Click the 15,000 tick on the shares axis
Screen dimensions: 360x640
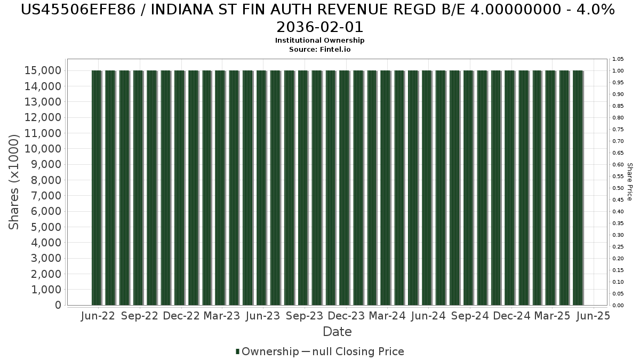(43, 71)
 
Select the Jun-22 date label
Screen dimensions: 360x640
(98, 316)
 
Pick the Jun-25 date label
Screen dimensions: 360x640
(594, 316)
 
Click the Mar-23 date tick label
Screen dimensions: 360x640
(222, 316)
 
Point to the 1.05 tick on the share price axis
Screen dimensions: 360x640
(618, 59)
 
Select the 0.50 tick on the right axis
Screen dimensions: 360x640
(618, 188)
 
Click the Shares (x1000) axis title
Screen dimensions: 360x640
(14, 182)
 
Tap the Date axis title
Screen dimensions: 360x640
(337, 332)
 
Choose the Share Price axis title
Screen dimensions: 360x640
(629, 182)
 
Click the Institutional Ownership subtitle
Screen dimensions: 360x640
(320, 41)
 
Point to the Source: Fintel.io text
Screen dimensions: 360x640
(320, 49)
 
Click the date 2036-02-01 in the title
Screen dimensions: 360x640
(320, 27)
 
